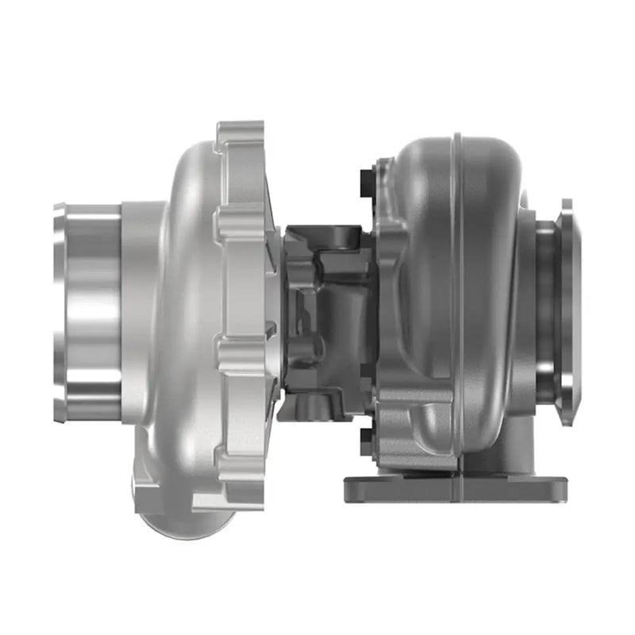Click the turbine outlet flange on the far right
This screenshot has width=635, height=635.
point(565,310)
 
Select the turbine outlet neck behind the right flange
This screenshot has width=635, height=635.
point(545,310)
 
